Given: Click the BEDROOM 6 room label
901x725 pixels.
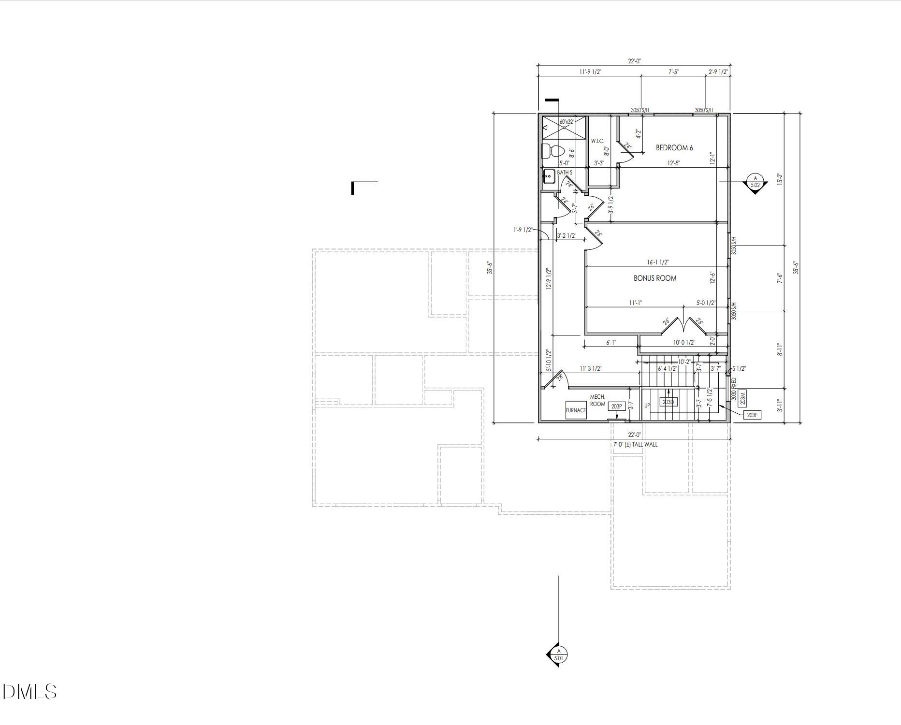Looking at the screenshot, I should (x=674, y=148).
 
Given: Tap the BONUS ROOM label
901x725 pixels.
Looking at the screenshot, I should (x=655, y=278).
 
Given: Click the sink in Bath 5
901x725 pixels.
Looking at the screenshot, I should (x=549, y=176).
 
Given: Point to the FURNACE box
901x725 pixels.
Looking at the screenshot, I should (x=576, y=410).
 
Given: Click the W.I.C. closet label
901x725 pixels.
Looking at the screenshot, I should (x=597, y=141).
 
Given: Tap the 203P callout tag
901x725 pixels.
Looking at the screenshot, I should (x=616, y=406).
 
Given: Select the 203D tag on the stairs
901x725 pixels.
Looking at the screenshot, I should (x=668, y=402).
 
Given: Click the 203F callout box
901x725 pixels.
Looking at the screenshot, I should (x=752, y=415).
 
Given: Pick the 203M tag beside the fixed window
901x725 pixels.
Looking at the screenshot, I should (x=743, y=398).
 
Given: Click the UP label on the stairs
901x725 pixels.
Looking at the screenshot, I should (x=647, y=406).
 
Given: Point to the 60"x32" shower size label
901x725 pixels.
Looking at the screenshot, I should (x=567, y=122).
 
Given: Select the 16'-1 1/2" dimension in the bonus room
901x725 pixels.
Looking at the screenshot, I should (x=658, y=262).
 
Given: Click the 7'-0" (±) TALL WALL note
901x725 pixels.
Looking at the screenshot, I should (x=635, y=445).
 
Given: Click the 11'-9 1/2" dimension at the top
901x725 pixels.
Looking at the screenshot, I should (x=590, y=72).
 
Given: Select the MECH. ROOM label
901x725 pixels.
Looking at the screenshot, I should (x=597, y=401).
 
